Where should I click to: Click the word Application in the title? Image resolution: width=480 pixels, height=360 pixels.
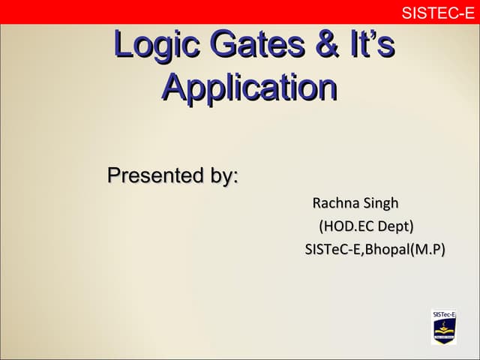pyautogui.click(x=249, y=88)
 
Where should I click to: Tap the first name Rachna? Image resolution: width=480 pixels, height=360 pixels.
pyautogui.click(x=334, y=203)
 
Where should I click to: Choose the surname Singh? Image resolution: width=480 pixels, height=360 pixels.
pyautogui.click(x=381, y=204)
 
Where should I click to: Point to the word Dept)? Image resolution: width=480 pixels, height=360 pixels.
pyautogui.click(x=395, y=226)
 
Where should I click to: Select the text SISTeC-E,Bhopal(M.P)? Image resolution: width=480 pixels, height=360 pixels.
pyautogui.click(x=375, y=249)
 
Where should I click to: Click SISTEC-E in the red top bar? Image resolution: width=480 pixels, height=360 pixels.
pyautogui.click(x=438, y=12)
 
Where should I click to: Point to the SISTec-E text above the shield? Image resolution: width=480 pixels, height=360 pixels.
pyautogui.click(x=444, y=315)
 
